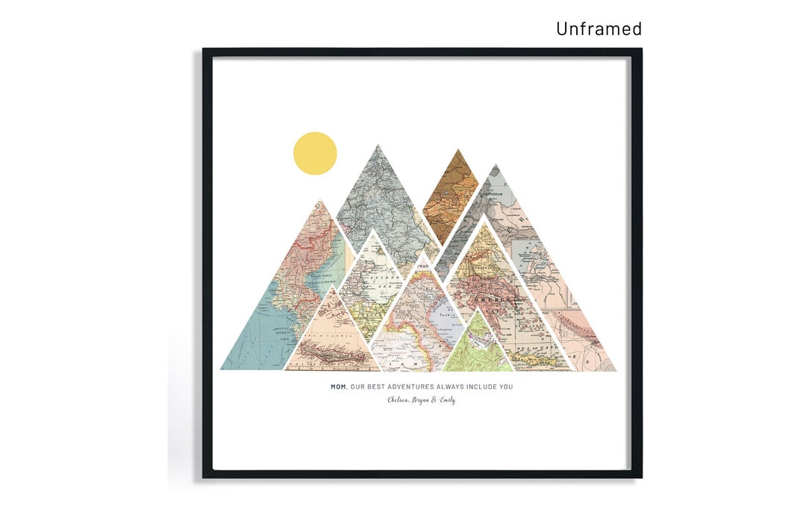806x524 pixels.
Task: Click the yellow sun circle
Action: (315, 154)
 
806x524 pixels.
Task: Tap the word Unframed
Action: (599, 28)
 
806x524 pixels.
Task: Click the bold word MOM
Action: (339, 387)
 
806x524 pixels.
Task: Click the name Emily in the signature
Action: (446, 400)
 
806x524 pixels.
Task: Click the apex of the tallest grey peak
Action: (378, 146)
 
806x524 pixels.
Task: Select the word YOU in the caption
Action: (506, 387)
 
